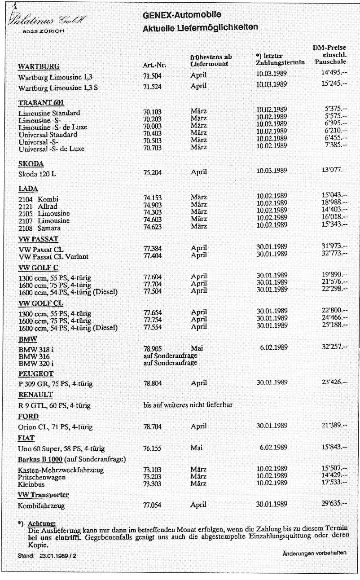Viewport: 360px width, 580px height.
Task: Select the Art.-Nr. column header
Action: click(154, 66)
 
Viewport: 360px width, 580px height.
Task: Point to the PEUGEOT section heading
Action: click(36, 373)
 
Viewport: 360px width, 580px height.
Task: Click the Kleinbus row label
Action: click(31, 483)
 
